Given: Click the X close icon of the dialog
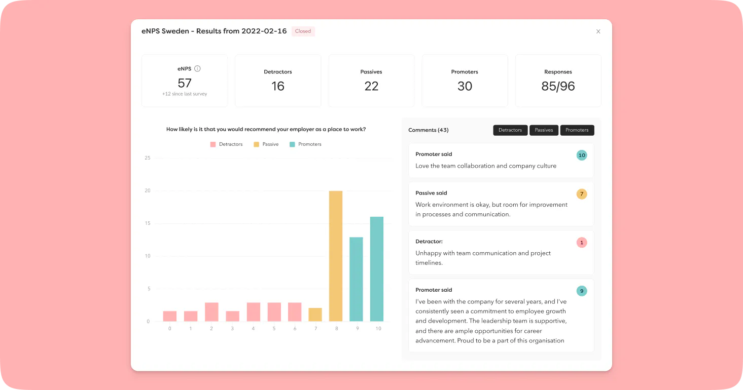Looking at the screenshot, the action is pyautogui.click(x=598, y=31).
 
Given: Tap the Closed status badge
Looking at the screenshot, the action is pyautogui.click(x=303, y=31).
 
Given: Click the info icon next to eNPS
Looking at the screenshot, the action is pyautogui.click(x=197, y=68).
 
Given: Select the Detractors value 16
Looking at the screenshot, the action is pyautogui.click(x=278, y=86).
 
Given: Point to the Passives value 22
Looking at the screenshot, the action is pyautogui.click(x=371, y=86).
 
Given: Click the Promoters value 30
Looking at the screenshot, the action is pyautogui.click(x=465, y=86).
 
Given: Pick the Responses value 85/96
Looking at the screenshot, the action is pyautogui.click(x=558, y=86).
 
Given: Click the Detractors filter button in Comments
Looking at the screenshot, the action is pyautogui.click(x=510, y=130).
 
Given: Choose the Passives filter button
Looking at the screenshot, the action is pyautogui.click(x=544, y=130).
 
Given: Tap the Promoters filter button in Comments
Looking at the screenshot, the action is pyautogui.click(x=577, y=130).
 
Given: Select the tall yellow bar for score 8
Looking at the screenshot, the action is pyautogui.click(x=336, y=256).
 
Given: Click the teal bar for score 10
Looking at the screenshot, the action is pyautogui.click(x=377, y=269).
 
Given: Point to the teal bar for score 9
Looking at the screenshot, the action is pyautogui.click(x=356, y=279).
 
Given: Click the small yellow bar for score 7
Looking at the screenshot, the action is pyautogui.click(x=315, y=315).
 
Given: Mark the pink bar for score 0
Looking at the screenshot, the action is pyautogui.click(x=170, y=316).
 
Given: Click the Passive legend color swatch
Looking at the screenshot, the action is pyautogui.click(x=257, y=144).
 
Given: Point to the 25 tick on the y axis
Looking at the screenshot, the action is pyautogui.click(x=148, y=158).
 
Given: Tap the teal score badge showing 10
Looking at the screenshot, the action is pyautogui.click(x=581, y=155).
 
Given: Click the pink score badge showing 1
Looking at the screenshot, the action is pyautogui.click(x=581, y=243).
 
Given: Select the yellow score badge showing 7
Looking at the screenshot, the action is pyautogui.click(x=581, y=194).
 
